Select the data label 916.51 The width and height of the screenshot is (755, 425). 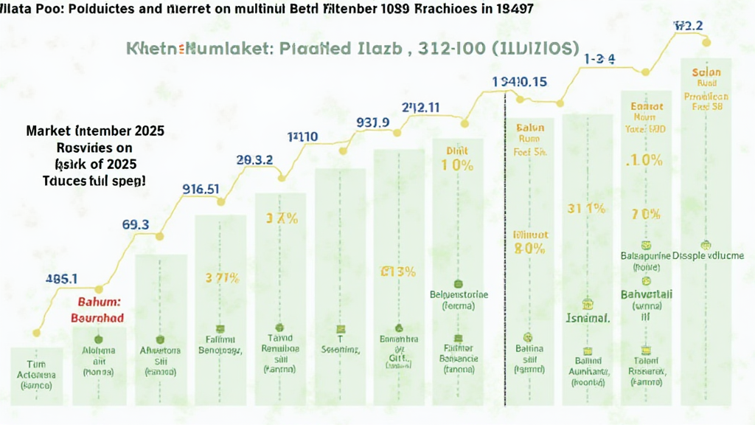[201, 188]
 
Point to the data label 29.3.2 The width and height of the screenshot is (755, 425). [254, 160]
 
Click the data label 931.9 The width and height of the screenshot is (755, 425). [372, 122]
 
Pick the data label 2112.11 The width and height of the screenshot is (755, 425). [420, 107]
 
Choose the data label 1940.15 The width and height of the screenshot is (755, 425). [520, 81]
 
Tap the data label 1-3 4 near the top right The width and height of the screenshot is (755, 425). [599, 58]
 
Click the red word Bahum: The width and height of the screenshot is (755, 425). [100, 302]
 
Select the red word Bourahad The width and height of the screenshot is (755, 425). [97, 317]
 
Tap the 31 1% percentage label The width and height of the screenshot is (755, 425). [587, 208]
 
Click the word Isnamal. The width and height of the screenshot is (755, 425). [588, 320]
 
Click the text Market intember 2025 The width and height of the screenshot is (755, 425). [95, 131]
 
